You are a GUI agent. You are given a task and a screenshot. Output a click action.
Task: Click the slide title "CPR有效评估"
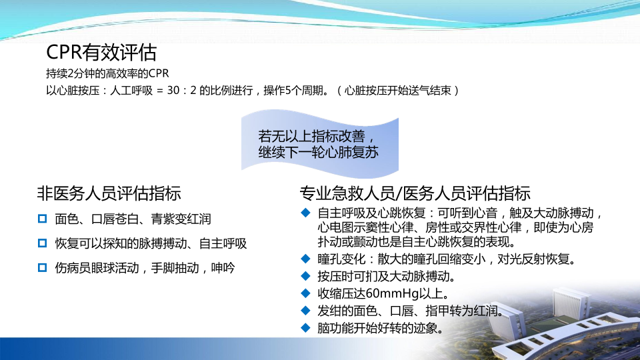(x=101, y=52)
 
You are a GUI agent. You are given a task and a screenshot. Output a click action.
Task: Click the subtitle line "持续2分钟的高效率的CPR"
(x=107, y=73)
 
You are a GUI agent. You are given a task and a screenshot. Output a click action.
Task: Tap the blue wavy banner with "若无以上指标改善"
(x=320, y=144)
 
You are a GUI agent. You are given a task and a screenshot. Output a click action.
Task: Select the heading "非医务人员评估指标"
(x=109, y=193)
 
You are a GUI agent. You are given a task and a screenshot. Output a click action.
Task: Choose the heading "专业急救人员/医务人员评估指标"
(x=415, y=193)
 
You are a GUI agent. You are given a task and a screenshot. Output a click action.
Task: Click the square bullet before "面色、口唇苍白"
(x=42, y=219)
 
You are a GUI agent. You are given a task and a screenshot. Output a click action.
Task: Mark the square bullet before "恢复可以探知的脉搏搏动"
(x=42, y=243)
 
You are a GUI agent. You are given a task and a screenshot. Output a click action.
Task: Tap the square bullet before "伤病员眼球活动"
(x=42, y=268)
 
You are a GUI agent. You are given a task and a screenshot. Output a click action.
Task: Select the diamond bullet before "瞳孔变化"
(x=305, y=259)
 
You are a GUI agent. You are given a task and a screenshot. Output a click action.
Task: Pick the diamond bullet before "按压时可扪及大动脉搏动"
(x=305, y=276)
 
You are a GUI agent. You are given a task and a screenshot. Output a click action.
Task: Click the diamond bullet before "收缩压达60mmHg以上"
(x=305, y=293)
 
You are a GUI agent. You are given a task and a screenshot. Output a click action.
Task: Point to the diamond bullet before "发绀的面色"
(x=305, y=311)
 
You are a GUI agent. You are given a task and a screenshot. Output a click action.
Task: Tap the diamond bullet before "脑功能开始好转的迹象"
(x=305, y=328)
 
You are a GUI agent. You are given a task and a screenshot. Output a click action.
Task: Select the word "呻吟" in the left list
(x=223, y=268)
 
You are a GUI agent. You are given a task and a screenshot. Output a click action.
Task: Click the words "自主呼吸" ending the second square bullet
(x=223, y=244)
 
